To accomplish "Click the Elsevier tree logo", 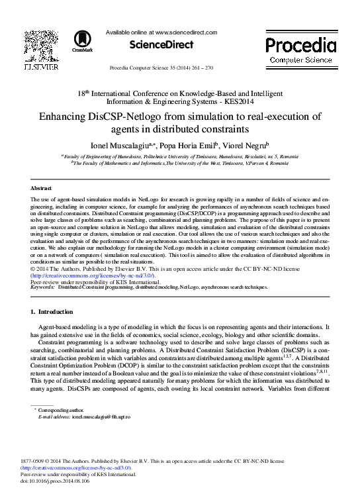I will tap(40, 47).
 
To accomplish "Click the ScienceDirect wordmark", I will tap(161, 45).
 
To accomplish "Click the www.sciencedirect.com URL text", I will tap(186, 32).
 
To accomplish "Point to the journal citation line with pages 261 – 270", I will tap(161, 68).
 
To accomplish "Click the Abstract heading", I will tap(42, 189).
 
